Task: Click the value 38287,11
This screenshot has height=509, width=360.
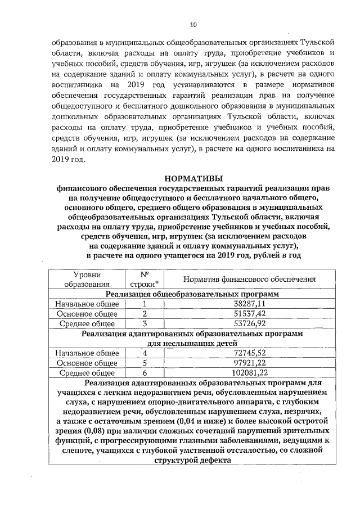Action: click(x=249, y=304)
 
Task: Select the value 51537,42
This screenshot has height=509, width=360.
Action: click(x=249, y=314)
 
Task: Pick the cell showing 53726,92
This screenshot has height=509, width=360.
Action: click(x=249, y=324)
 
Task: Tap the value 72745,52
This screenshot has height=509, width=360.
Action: click(x=249, y=353)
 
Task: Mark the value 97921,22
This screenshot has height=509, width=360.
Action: click(x=249, y=363)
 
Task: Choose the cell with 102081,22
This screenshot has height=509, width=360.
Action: click(x=249, y=373)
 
